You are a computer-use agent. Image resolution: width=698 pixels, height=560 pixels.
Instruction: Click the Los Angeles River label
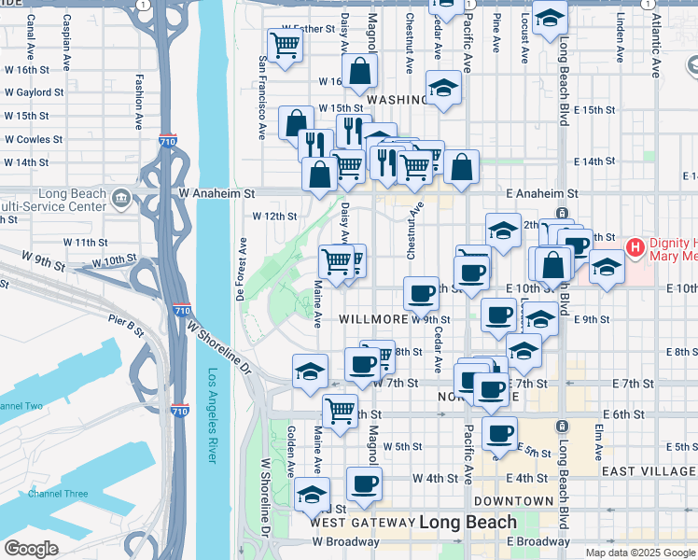click(212, 416)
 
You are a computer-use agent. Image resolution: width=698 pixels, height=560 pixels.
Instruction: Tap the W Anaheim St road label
click(217, 193)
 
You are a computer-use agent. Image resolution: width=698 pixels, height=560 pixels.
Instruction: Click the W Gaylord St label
click(34, 92)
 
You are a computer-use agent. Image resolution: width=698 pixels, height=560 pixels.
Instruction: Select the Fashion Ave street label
click(137, 102)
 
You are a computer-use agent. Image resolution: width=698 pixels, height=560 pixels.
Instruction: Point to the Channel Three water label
click(57, 494)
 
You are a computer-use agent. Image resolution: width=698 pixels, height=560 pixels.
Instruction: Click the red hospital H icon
click(635, 248)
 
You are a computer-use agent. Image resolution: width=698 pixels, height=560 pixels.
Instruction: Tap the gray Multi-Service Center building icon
click(121, 199)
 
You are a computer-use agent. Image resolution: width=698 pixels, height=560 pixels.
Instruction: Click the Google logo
click(32, 549)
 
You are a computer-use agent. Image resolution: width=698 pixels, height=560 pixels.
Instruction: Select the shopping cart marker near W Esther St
click(284, 44)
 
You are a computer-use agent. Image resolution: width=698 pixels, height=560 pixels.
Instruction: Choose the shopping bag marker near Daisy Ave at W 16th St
click(359, 71)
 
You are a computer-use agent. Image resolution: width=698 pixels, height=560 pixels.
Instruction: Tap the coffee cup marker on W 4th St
click(364, 483)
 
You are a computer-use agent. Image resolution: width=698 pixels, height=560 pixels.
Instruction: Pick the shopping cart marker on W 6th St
click(340, 409)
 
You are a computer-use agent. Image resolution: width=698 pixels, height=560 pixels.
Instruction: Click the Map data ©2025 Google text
click(640, 553)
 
